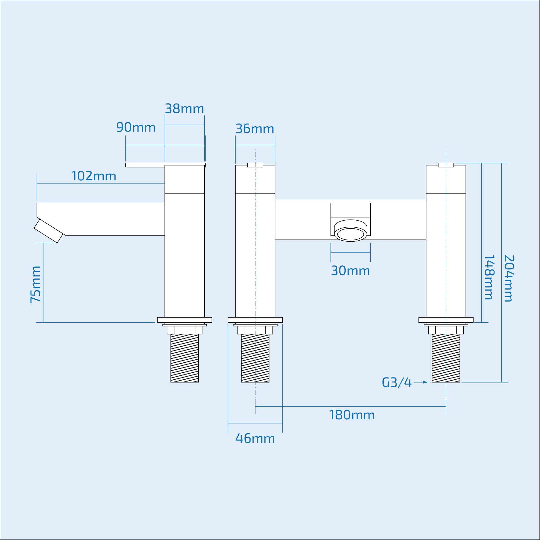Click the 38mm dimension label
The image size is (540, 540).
click(x=184, y=109)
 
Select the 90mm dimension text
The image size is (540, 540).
click(x=136, y=127)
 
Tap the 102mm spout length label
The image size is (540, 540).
click(x=94, y=176)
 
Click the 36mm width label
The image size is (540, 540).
click(x=255, y=129)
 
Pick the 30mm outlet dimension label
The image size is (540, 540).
click(x=350, y=271)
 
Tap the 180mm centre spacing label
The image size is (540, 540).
click(x=352, y=415)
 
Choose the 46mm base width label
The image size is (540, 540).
click(x=255, y=438)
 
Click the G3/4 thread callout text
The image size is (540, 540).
click(x=397, y=383)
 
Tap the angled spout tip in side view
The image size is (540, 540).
click(x=48, y=231)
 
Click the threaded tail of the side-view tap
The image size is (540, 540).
click(x=184, y=358)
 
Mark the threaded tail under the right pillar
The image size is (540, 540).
click(x=446, y=358)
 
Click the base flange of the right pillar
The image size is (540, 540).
click(x=446, y=320)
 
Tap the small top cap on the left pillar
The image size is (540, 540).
click(x=255, y=165)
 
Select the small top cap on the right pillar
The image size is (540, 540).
click(x=446, y=165)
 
